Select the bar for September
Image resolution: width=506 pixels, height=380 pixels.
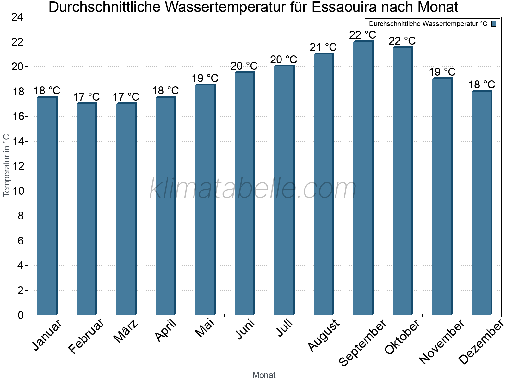click(363, 177)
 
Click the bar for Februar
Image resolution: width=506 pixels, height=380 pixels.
click(86, 209)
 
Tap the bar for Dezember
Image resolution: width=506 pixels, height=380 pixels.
click(482, 203)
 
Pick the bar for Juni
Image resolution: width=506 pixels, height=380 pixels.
click(244, 193)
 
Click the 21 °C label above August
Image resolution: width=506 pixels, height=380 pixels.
click(323, 47)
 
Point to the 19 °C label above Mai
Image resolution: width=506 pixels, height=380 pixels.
click(205, 78)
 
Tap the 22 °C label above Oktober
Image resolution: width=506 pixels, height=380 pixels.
click(402, 41)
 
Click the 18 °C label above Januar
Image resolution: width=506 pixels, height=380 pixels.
click(47, 91)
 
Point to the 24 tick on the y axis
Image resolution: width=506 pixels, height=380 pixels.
click(17, 17)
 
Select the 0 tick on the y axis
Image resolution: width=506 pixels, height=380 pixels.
click(21, 315)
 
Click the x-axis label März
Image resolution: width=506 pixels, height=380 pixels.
click(126, 331)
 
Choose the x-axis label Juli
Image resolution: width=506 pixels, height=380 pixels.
click(285, 328)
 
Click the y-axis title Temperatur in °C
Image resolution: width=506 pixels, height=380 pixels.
click(7, 165)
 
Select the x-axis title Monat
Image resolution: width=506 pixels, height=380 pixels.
click(264, 375)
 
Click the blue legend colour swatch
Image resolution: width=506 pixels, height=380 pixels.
click(494, 24)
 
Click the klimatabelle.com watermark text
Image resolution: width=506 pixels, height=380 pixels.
click(253, 189)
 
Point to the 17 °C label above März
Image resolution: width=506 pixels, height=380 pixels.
click(126, 97)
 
